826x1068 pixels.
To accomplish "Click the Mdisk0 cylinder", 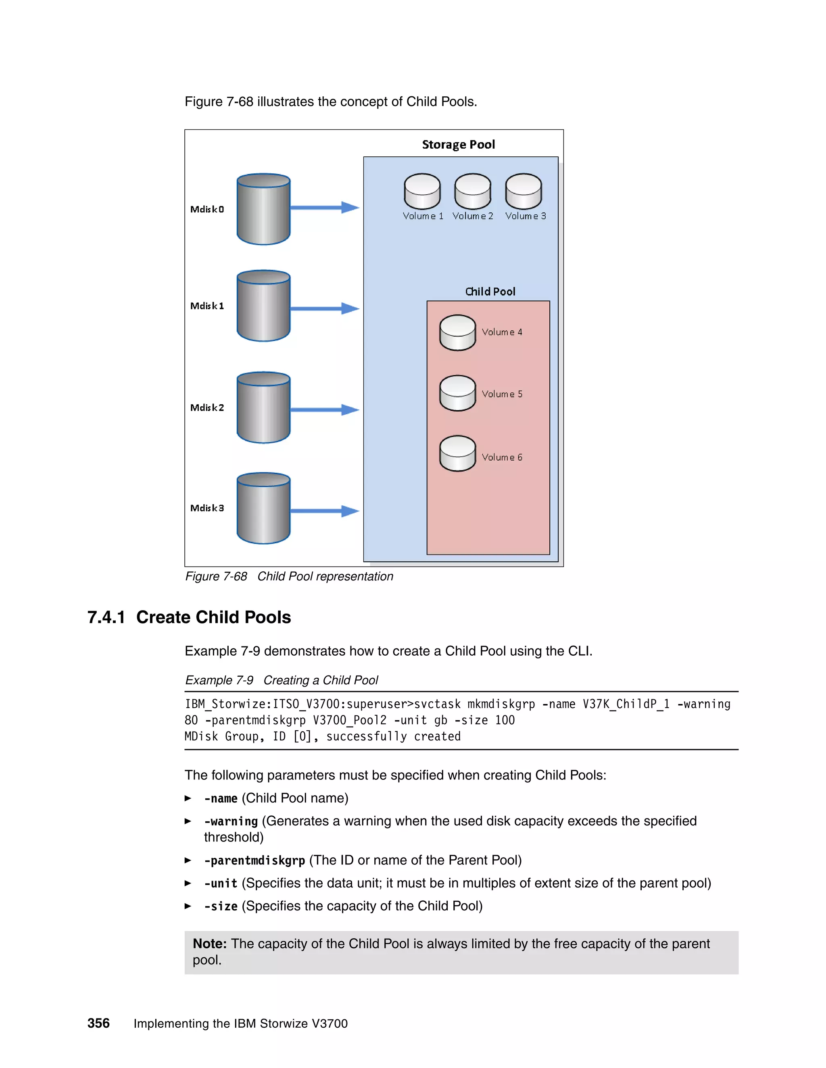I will click(263, 209).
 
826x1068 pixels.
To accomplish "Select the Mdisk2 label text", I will click(207, 407).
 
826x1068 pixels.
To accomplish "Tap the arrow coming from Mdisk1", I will click(324, 309).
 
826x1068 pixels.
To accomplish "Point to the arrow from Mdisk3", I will click(324, 511).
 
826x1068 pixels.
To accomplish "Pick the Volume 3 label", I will click(525, 216).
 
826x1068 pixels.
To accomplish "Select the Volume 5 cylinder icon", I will click(457, 393).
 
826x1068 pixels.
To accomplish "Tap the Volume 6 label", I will click(502, 457).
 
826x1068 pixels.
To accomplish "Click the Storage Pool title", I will click(458, 144).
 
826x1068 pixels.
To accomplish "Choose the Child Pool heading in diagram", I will click(490, 291).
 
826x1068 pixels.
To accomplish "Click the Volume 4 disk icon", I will click(457, 332).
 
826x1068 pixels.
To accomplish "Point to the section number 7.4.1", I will click(106, 617).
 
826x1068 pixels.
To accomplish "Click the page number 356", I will click(98, 1023).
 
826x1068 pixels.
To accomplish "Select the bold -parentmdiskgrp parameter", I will click(254, 860).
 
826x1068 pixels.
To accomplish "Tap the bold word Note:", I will click(209, 943).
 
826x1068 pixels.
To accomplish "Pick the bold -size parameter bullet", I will click(221, 906).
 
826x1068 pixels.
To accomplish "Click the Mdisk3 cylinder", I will click(263, 509).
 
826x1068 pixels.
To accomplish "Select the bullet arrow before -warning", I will click(188, 821).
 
